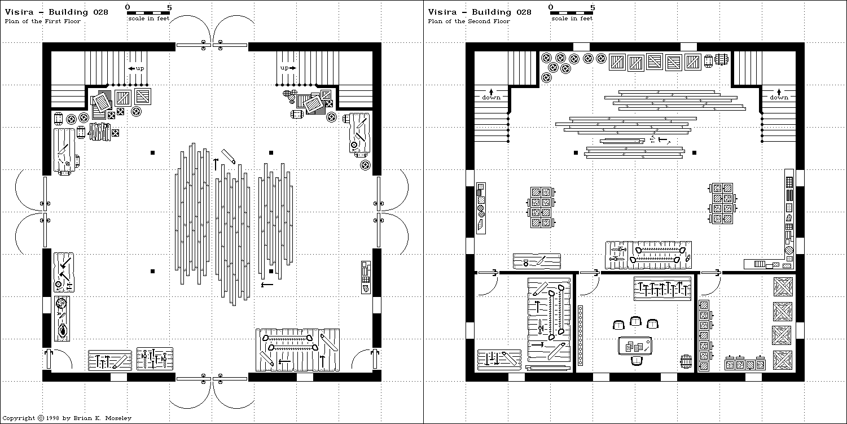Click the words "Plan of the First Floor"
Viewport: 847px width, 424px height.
[x=42, y=21]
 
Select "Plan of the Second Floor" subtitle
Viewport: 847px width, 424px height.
[x=468, y=21]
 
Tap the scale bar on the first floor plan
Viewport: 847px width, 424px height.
[x=148, y=12]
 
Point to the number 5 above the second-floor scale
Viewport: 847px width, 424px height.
[x=593, y=7]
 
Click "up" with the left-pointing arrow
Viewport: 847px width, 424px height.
[x=136, y=68]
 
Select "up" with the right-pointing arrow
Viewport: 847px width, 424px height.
[x=288, y=68]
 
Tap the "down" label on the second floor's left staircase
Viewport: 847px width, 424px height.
[x=491, y=97]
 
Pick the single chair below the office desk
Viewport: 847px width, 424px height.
[x=637, y=361]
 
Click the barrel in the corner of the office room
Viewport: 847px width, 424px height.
[x=687, y=361]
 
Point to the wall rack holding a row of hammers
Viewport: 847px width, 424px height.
[x=662, y=289]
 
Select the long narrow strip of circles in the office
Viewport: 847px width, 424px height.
[x=580, y=336]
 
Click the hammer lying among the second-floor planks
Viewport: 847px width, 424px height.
[x=661, y=139]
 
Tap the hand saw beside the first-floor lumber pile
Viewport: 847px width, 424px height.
[x=229, y=156]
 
